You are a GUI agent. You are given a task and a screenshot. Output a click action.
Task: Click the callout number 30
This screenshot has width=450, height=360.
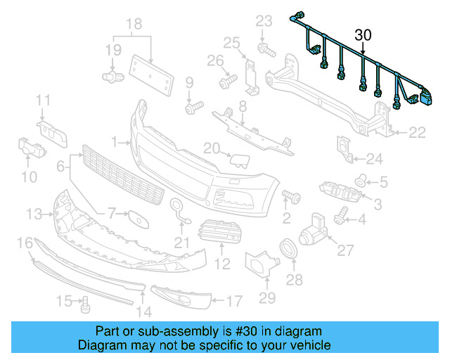tap(363, 34)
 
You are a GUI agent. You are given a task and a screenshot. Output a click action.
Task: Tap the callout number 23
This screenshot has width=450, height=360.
tap(263, 20)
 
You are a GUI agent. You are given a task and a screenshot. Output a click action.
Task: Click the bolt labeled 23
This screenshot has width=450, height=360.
tap(267, 49)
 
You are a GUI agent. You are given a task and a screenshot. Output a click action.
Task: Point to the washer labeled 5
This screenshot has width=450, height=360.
tap(360, 181)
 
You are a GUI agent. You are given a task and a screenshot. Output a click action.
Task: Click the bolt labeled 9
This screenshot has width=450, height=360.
tap(193, 109)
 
